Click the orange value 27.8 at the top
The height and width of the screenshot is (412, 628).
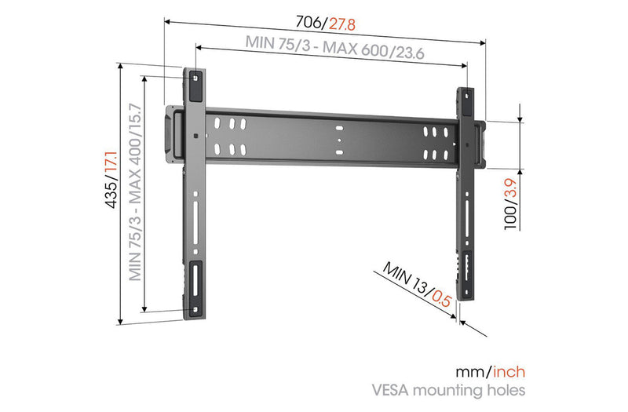tap(342, 24)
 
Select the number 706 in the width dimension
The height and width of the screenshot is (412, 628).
tap(308, 22)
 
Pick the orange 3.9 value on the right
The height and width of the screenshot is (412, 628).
tap(511, 189)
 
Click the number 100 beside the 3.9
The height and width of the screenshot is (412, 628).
tap(511, 217)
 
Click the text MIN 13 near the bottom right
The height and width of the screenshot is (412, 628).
tap(403, 276)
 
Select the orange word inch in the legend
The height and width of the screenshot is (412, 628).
tap(509, 372)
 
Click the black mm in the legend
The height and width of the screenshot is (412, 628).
tap(470, 373)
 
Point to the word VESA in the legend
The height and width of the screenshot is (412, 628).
tap(391, 390)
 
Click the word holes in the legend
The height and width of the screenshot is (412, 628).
tap(505, 389)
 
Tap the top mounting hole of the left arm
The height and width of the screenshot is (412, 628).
tap(195, 78)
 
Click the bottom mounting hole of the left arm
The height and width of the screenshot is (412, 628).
tap(195, 310)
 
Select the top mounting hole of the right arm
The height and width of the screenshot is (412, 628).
tap(467, 96)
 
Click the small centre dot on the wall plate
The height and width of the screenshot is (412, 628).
tap(339, 140)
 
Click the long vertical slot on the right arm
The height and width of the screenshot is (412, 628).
tap(467, 217)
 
